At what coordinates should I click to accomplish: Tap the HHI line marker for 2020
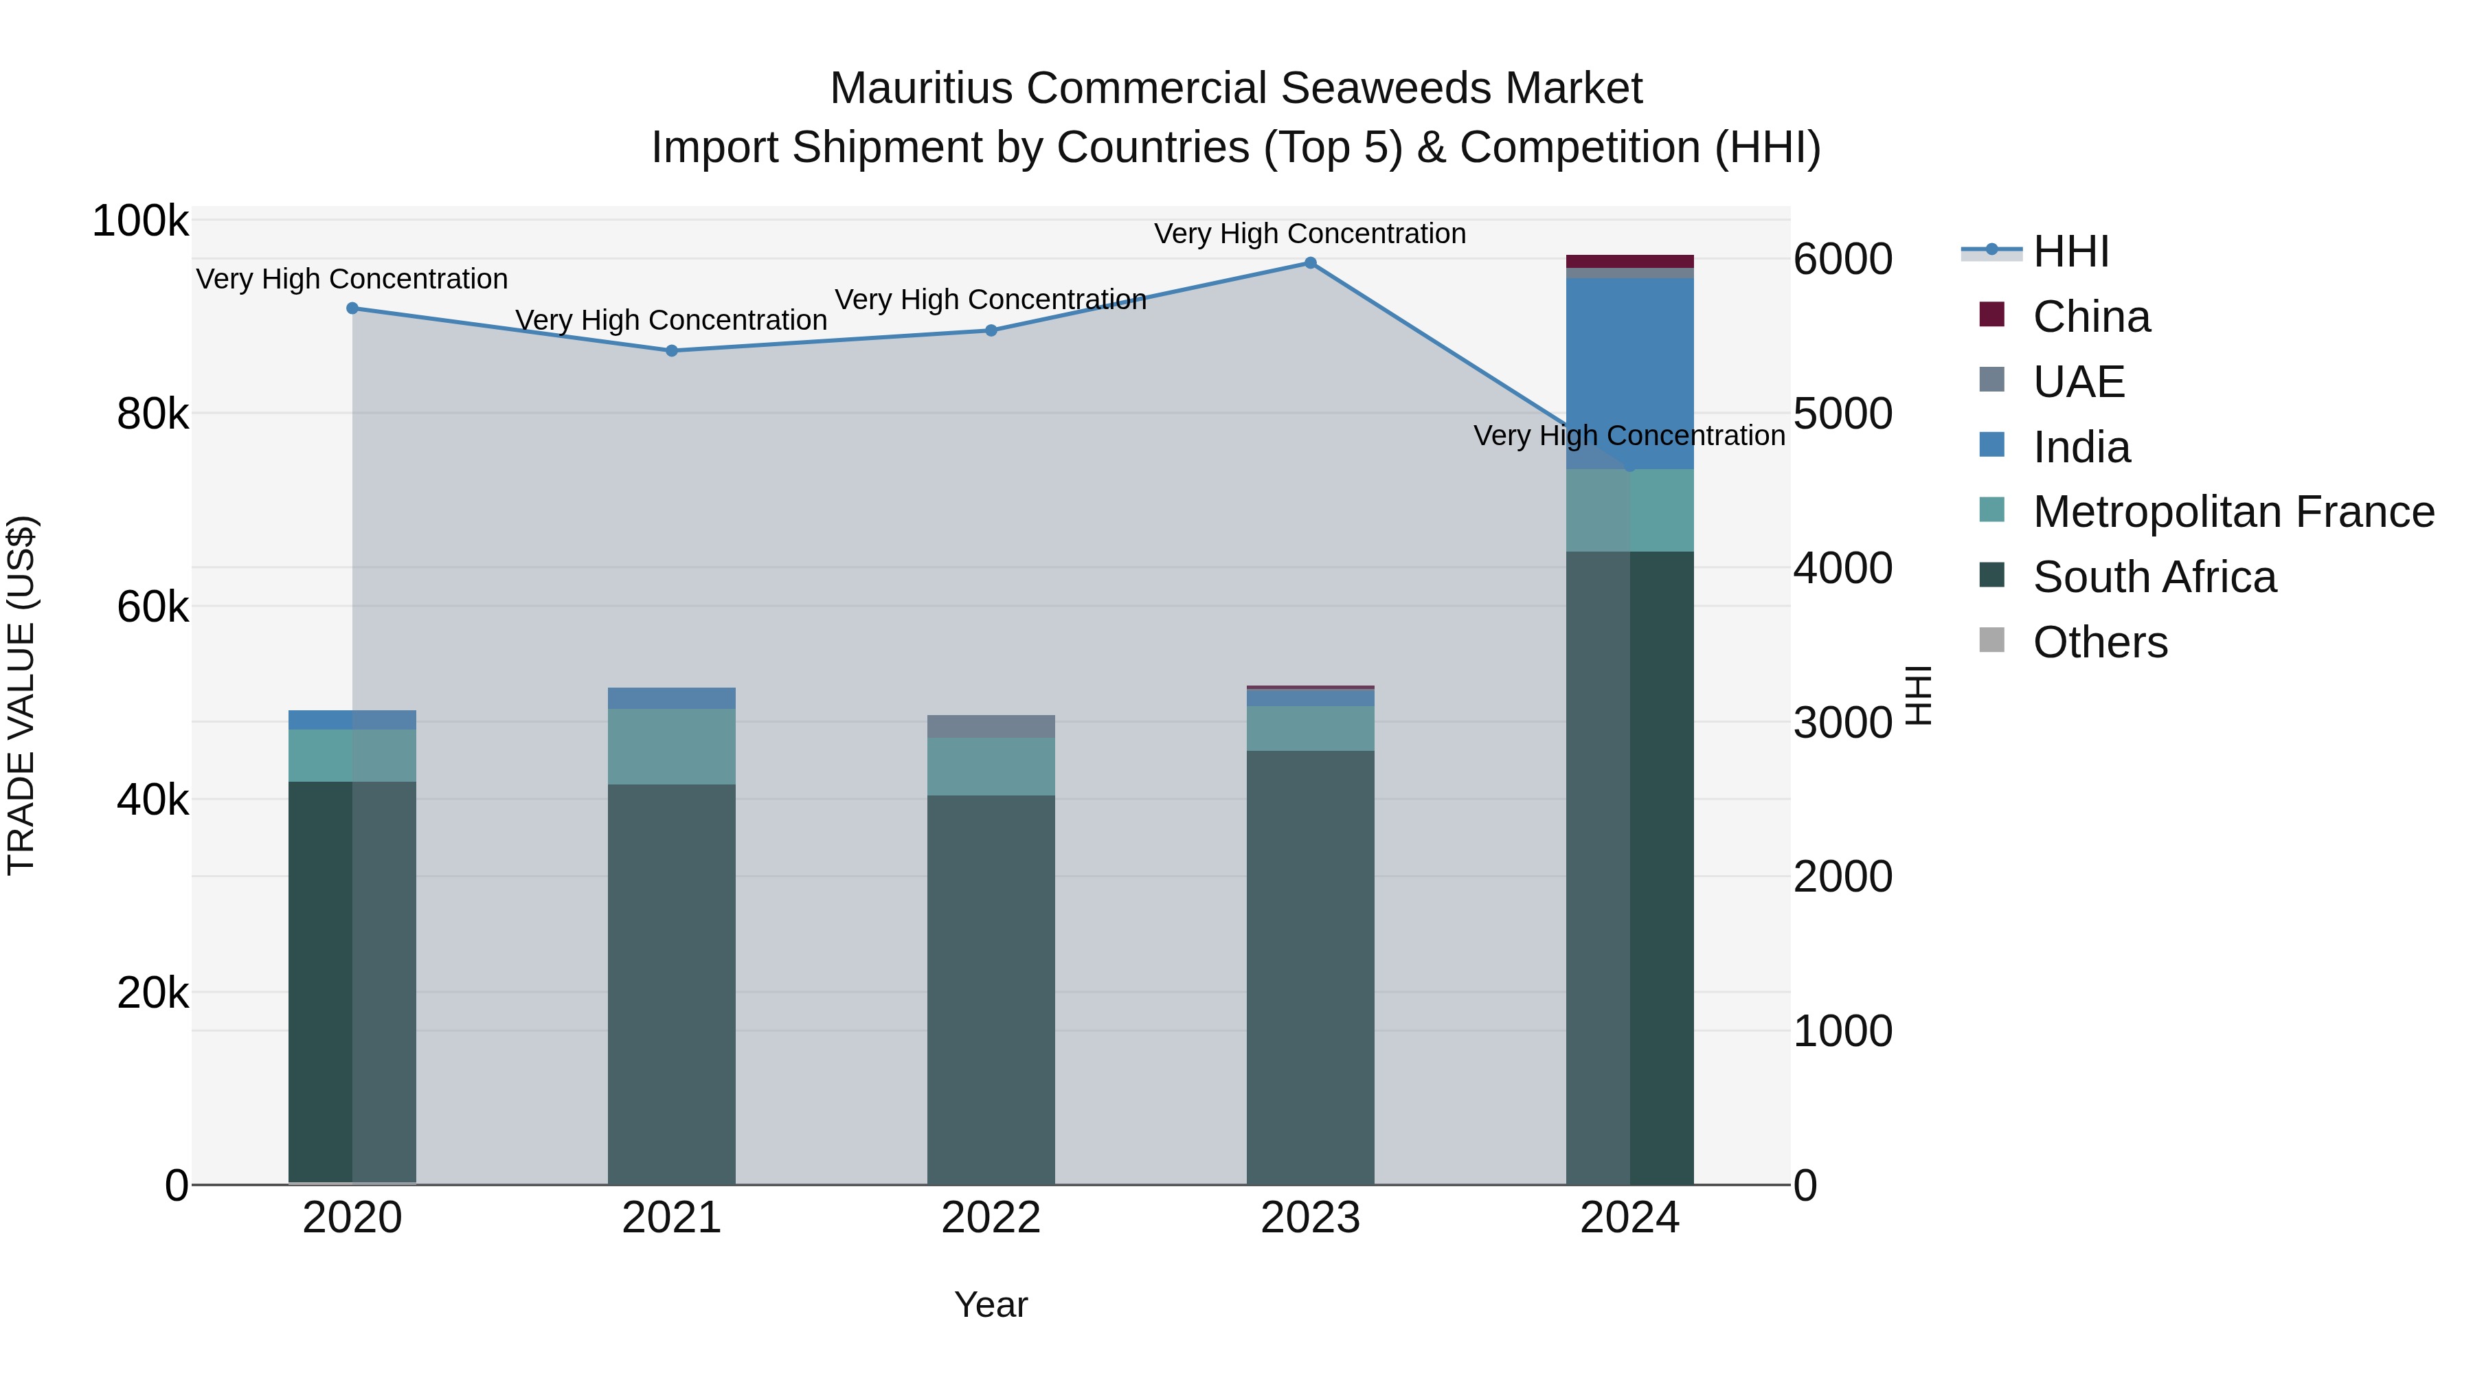point(352,308)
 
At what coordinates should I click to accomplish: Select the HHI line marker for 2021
point(671,350)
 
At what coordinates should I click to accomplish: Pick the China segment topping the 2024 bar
point(1629,261)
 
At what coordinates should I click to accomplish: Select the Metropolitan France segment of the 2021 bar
point(671,746)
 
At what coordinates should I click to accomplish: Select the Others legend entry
point(2099,642)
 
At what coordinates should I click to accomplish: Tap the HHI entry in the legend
point(2070,251)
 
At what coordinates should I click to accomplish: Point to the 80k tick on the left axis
point(152,415)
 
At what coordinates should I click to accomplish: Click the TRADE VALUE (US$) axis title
point(21,695)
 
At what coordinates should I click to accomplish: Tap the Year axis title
point(991,1304)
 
